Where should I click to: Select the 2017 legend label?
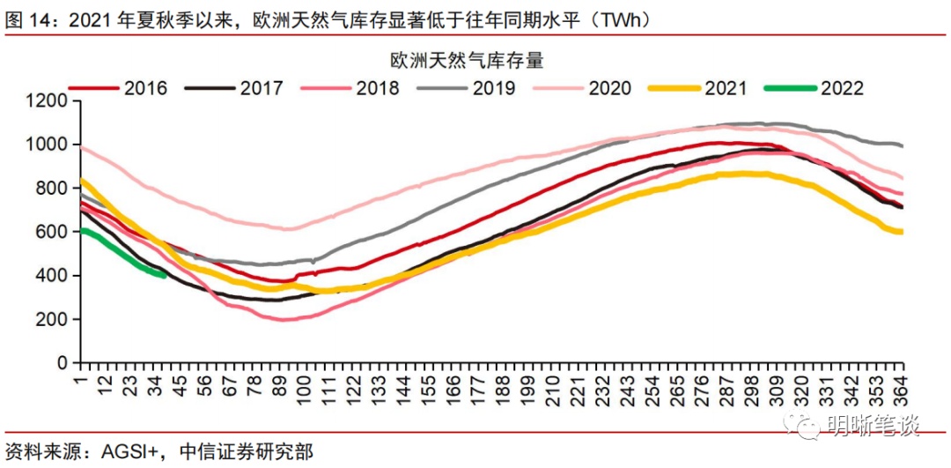pos(262,88)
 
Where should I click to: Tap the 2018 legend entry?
pos(377,88)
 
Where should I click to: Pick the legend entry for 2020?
pos(609,88)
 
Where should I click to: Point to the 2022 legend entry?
pos(842,88)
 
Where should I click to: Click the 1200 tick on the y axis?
pos(48,101)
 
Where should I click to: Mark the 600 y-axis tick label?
pos(53,232)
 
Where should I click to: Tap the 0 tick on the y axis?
pos(62,363)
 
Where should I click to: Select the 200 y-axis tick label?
pos(53,319)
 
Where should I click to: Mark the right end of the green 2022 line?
pos(166,275)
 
